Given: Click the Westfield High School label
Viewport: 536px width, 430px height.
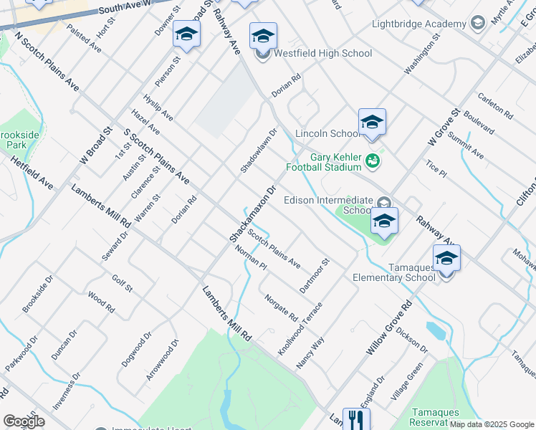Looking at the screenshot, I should point(322,53).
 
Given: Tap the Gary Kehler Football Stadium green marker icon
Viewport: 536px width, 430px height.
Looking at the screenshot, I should point(372,160).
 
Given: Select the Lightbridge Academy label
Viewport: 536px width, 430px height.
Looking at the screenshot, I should point(419,24).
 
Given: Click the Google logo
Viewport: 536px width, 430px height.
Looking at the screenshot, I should point(24,421).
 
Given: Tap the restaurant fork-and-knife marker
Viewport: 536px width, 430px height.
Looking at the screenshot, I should point(355,420).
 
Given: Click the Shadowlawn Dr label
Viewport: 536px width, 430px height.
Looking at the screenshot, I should point(258,150).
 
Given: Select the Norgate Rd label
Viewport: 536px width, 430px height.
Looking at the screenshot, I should point(281,307).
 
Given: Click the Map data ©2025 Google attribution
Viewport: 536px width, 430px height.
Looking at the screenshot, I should point(492,424).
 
